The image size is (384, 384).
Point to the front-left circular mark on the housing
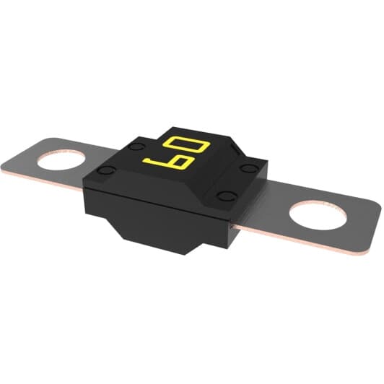click(106, 170)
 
